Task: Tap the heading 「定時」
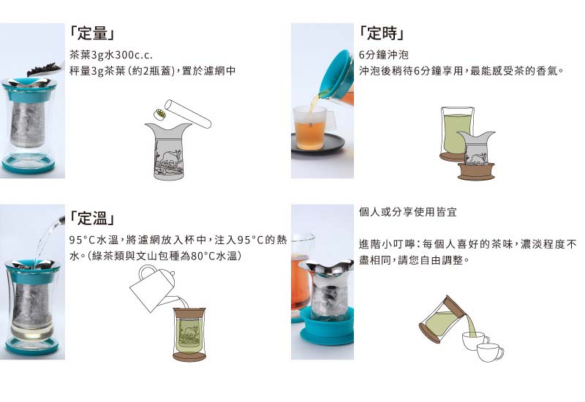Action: coord(382,34)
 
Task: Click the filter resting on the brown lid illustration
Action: coord(476,151)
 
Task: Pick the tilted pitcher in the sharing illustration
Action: coord(440,319)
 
